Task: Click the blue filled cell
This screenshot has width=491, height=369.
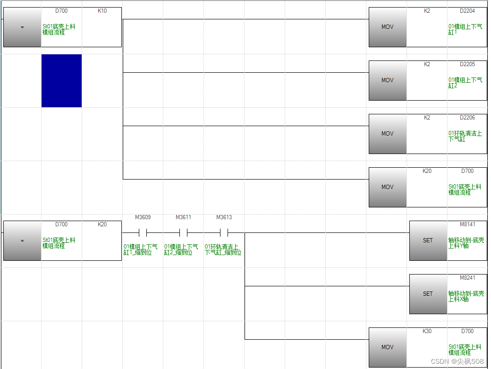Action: click(x=61, y=81)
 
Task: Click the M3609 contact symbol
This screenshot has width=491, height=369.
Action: click(x=143, y=232)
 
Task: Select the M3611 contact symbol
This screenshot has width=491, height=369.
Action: click(x=183, y=232)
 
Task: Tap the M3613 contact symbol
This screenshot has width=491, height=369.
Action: click(x=224, y=232)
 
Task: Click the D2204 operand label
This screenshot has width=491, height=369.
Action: click(x=467, y=11)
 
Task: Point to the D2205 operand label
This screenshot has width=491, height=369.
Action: click(x=467, y=64)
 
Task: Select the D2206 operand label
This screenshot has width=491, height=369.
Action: click(x=467, y=118)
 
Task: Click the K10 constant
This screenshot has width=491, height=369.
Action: click(x=102, y=11)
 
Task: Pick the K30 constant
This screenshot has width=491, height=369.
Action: click(x=427, y=331)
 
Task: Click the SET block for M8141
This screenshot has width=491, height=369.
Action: click(x=428, y=240)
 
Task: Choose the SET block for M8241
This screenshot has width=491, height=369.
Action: click(x=428, y=294)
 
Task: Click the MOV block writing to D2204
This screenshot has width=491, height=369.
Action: click(x=388, y=27)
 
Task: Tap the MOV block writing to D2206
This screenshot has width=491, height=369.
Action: click(x=388, y=134)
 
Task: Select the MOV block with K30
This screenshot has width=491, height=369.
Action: click(x=388, y=347)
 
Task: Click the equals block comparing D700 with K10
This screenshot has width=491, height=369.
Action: click(x=22, y=27)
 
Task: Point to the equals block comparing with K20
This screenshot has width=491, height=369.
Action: click(x=22, y=240)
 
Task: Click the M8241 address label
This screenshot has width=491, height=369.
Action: click(x=467, y=278)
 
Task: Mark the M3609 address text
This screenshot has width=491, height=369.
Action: click(x=143, y=217)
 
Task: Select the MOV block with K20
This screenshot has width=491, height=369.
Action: click(x=388, y=187)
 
